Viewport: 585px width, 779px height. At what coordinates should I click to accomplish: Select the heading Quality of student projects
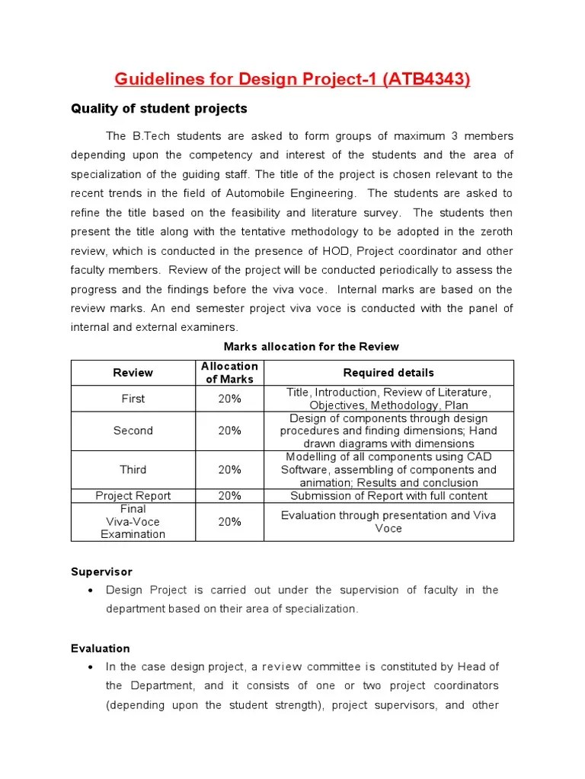(158, 109)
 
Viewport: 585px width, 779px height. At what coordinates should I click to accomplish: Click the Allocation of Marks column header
(229, 373)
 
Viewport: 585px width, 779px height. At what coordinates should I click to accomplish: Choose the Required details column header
(388, 373)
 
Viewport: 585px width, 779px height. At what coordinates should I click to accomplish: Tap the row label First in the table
(133, 399)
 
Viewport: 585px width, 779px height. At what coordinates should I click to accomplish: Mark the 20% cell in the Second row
(229, 431)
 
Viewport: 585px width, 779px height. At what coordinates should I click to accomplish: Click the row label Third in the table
(133, 469)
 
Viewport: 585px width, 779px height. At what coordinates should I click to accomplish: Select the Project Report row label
(133, 496)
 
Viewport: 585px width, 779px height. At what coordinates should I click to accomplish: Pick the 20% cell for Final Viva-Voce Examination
(229, 522)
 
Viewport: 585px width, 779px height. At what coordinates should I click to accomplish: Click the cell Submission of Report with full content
(388, 496)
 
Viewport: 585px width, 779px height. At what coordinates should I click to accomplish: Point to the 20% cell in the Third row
(229, 469)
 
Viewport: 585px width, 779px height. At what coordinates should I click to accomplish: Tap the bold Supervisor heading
(101, 571)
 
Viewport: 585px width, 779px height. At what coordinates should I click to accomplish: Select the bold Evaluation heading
(101, 648)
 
